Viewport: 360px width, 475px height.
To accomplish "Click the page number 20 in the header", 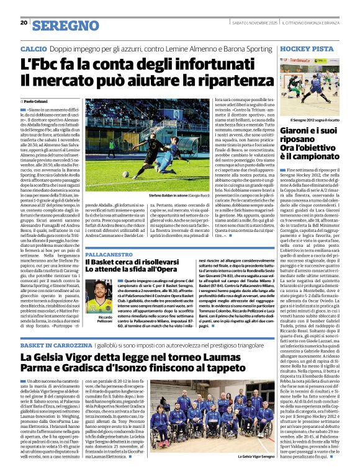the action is [23, 23].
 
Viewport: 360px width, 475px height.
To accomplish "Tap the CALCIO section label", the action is [33, 48].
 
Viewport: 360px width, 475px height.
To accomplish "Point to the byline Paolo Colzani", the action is [39, 100].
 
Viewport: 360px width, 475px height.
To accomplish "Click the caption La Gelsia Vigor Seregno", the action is [256, 456].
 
